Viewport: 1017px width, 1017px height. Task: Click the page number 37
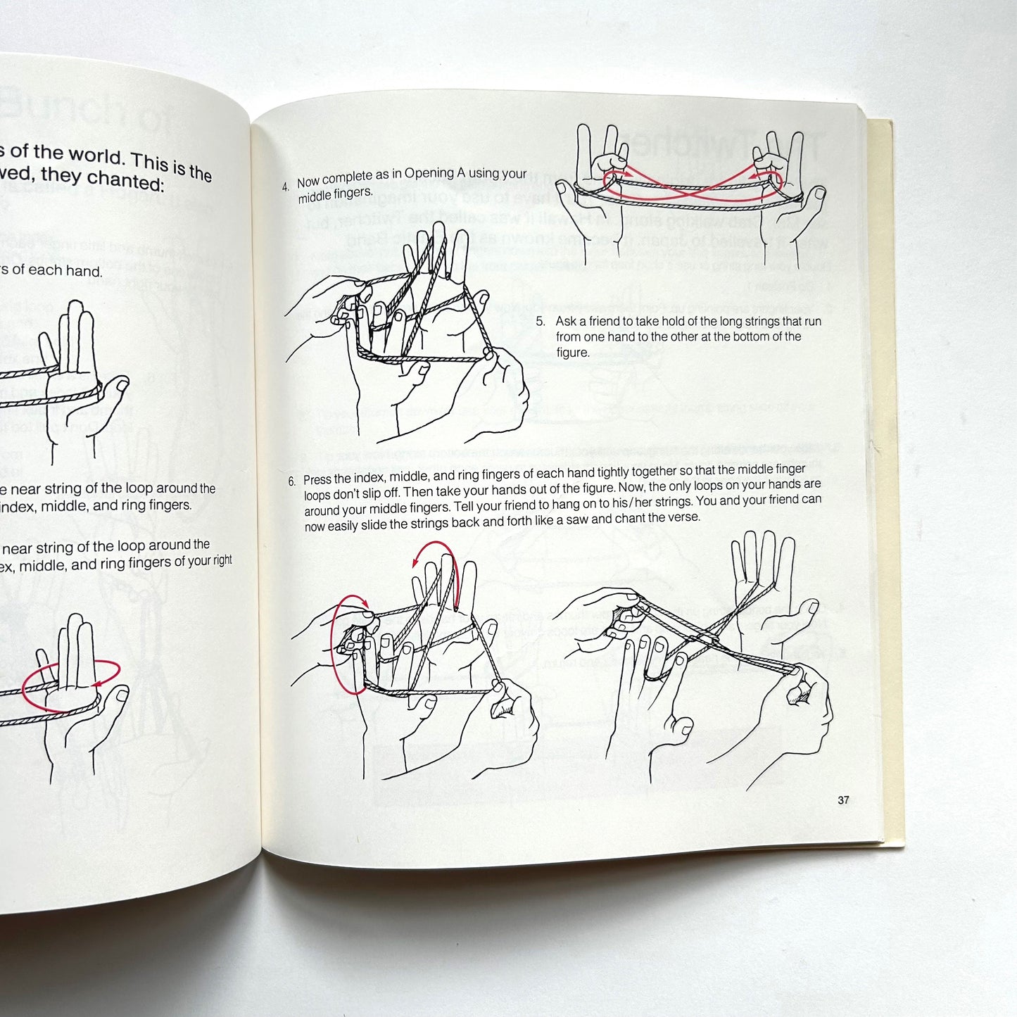pos(843,800)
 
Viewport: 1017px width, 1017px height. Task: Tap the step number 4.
pos(285,187)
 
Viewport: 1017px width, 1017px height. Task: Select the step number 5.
pos(541,321)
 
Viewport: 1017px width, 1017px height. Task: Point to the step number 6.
pos(291,482)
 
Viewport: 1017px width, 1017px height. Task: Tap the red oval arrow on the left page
pos(70,686)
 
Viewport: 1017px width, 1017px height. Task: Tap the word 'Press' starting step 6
pos(317,480)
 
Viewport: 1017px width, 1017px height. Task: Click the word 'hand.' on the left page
pos(84,271)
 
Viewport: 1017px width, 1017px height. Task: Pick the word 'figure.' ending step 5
pos(572,352)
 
